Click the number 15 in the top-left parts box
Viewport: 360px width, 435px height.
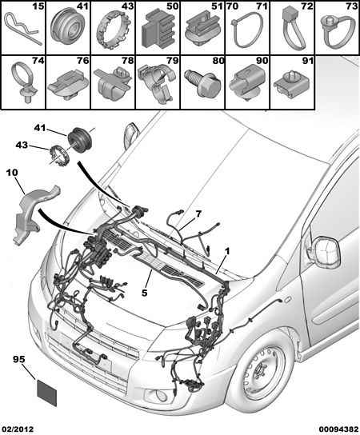(x=38, y=6)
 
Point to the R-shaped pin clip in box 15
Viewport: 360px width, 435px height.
(x=22, y=29)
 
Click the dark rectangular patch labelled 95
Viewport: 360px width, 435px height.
(x=47, y=393)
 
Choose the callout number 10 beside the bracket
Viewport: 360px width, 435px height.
(x=12, y=173)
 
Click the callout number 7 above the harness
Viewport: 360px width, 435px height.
(x=198, y=214)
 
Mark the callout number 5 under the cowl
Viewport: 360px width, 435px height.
(x=144, y=293)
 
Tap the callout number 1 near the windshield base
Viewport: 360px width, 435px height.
(x=227, y=252)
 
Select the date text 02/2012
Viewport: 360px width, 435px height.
(x=17, y=429)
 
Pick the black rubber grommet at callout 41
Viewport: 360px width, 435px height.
(x=80, y=141)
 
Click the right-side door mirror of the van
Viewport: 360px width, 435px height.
(x=326, y=252)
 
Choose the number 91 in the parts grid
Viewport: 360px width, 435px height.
(x=307, y=61)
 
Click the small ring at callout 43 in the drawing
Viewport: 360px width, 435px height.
(x=58, y=154)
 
